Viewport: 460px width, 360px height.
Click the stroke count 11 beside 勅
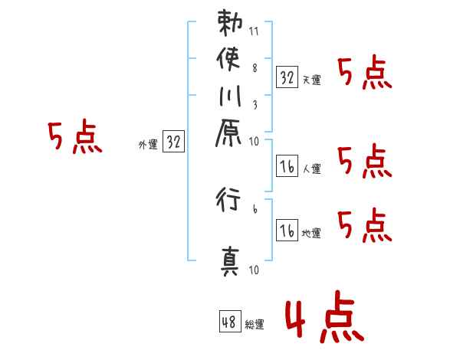(255, 32)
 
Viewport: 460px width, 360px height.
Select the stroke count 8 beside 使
(255, 67)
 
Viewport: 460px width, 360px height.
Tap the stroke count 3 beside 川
(255, 105)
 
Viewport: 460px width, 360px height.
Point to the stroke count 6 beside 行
(255, 208)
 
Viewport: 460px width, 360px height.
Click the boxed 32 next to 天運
(287, 77)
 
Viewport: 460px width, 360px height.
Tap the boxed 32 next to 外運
(174, 142)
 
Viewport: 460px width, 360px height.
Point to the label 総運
(255, 324)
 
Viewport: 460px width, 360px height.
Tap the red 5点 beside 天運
(363, 74)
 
